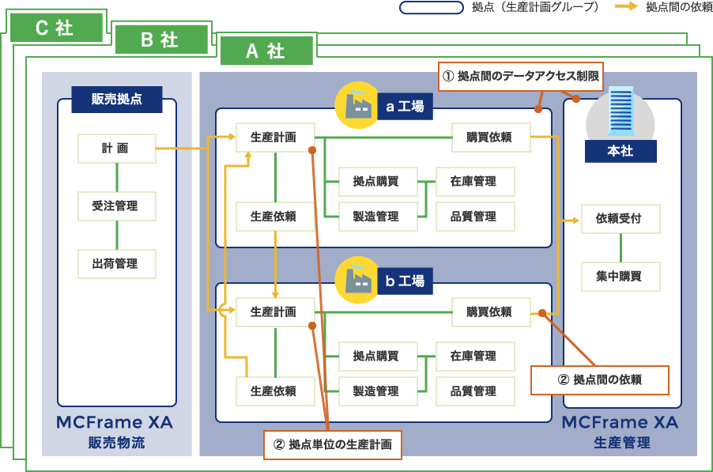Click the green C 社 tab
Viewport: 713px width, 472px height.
[55, 28]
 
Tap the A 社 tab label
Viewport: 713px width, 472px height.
[266, 51]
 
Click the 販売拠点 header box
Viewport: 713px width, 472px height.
[116, 100]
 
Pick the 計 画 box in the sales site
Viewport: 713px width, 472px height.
[116, 148]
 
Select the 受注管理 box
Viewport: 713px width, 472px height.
[116, 206]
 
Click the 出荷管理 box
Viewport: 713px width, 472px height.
[116, 264]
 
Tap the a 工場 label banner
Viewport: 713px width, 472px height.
[405, 106]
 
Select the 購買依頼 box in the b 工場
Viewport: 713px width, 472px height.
[489, 312]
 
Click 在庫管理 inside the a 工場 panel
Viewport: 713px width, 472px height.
[473, 181]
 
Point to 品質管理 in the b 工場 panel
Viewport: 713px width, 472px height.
[473, 391]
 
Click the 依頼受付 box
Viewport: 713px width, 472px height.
[620, 219]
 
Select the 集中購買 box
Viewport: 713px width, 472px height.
[620, 277]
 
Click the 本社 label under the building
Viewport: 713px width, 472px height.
[620, 151]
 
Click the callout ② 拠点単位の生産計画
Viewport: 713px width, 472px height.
[333, 444]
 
